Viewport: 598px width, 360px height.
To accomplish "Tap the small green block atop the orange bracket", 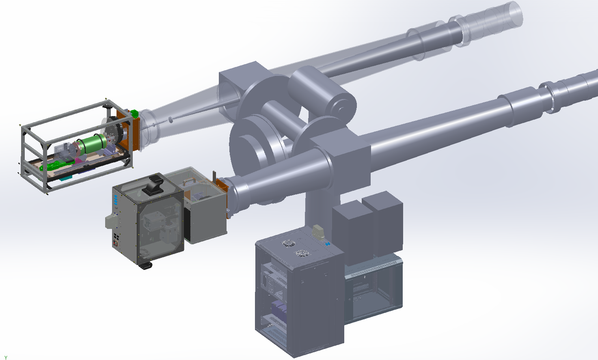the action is click(x=134, y=114).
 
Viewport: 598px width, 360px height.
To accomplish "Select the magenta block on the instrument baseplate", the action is click(x=78, y=161).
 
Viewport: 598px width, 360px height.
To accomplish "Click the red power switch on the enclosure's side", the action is click(x=116, y=244).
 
